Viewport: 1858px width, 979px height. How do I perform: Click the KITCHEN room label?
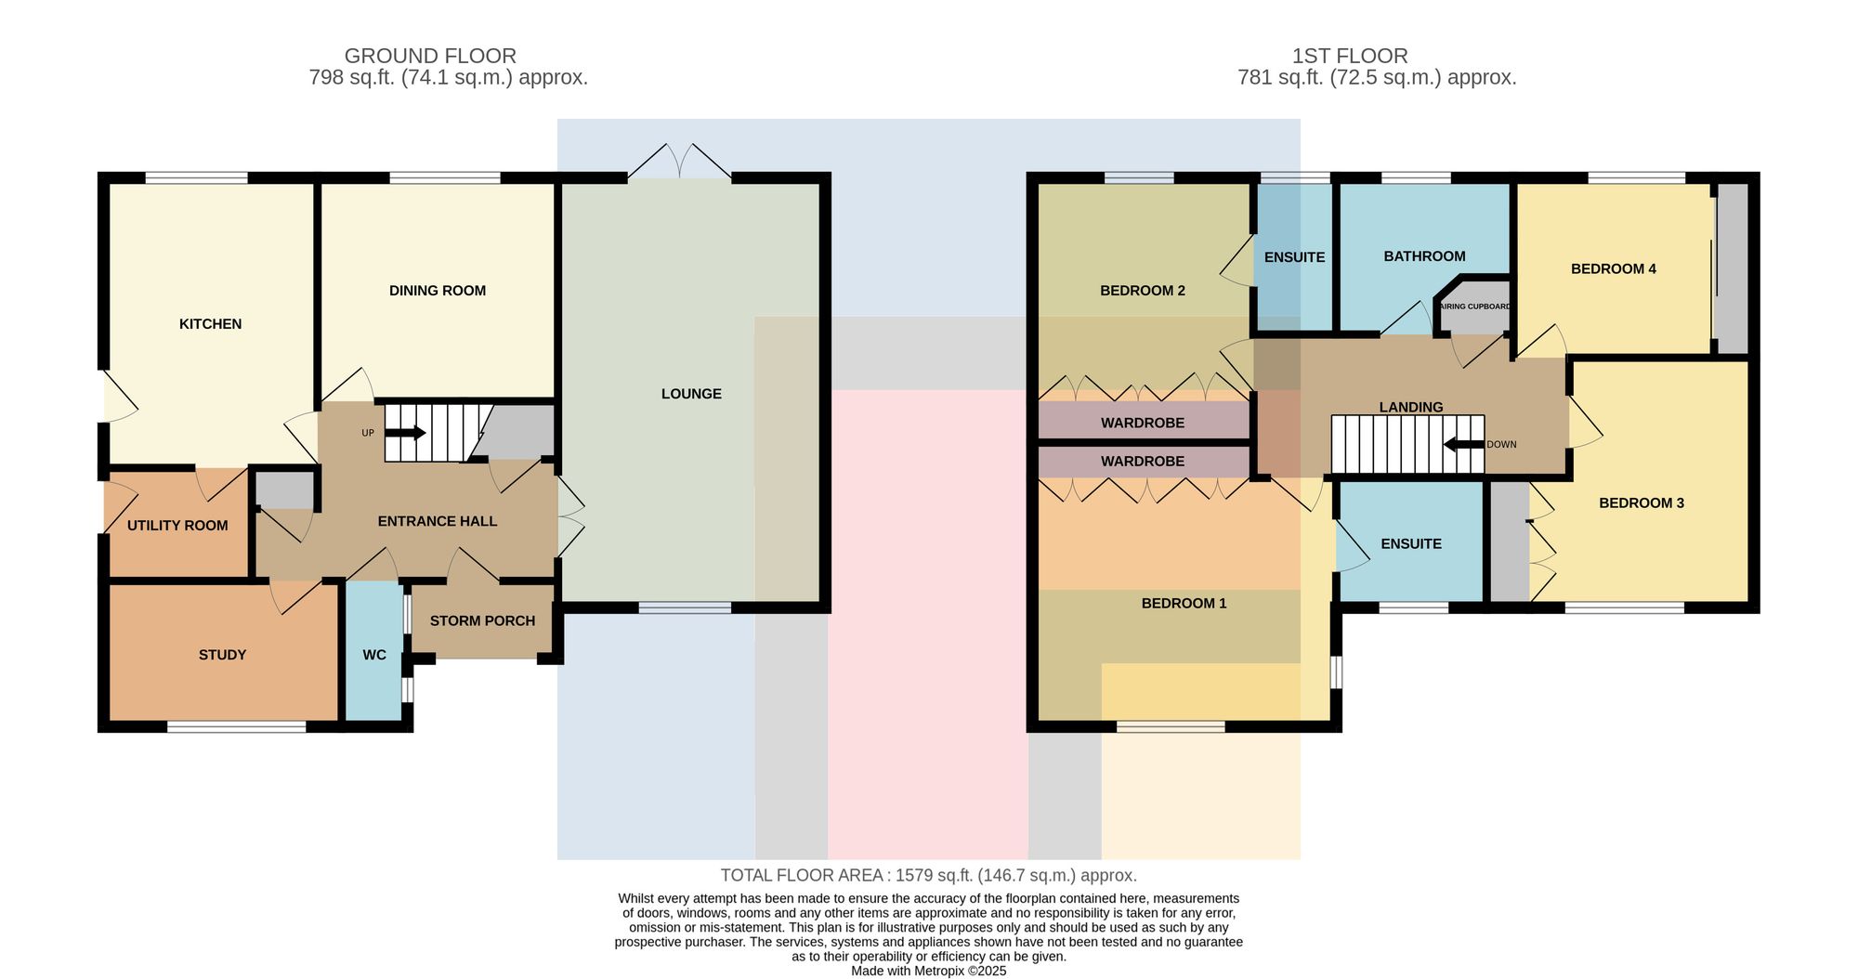coord(210,324)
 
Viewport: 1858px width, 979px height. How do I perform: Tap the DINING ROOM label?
coord(438,291)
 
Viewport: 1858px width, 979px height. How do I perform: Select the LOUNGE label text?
coord(691,394)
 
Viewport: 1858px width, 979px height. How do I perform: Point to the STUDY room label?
coord(222,655)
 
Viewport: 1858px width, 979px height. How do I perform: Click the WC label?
coord(374,655)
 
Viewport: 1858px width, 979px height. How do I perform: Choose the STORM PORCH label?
coord(482,620)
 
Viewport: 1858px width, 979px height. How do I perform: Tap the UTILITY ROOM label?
coord(177,526)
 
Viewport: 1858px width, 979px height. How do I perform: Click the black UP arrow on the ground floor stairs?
coord(405,433)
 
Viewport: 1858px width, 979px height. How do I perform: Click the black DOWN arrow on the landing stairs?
coord(1464,444)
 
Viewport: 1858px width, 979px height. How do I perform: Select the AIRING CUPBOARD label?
coord(1474,307)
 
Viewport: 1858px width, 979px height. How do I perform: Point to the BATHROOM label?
coord(1424,256)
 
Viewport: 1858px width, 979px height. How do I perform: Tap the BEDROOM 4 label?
coord(1614,269)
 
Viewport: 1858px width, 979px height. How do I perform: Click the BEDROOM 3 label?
coord(1642,503)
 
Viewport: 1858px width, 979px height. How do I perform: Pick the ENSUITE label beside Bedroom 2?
coord(1294,257)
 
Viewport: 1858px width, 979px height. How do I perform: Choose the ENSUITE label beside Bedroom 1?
coord(1411,544)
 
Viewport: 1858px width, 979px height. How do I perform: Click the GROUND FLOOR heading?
coord(430,56)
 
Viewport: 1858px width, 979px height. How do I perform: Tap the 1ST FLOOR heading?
coord(1350,56)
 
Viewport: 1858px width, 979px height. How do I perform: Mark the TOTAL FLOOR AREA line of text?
coord(929,875)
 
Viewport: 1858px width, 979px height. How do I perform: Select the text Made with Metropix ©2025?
coord(929,971)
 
